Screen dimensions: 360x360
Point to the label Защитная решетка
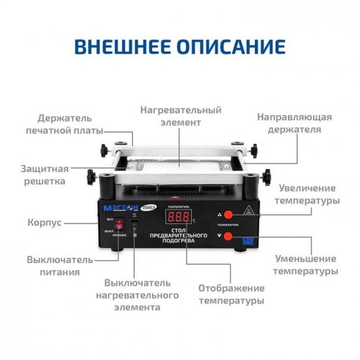[x=45, y=173]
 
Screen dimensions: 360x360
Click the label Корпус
[x=43, y=221]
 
